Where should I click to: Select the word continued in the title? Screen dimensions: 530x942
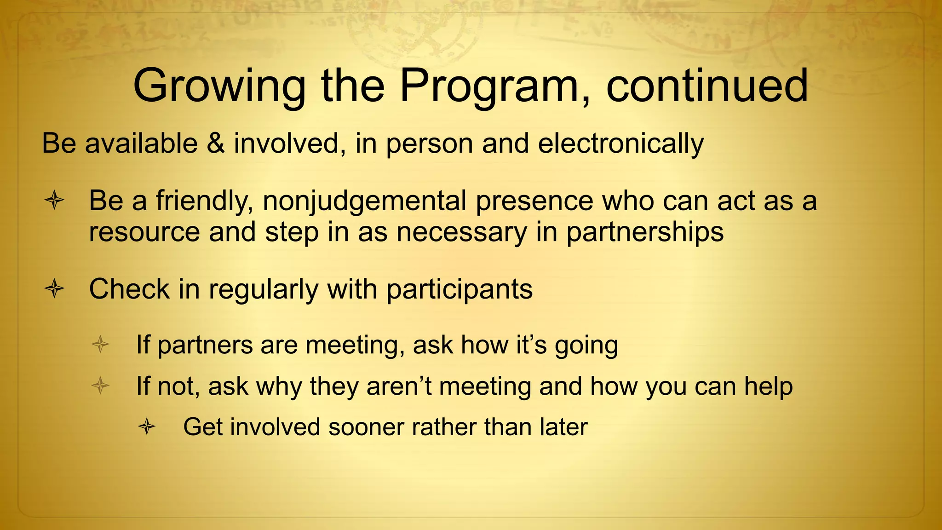click(707, 86)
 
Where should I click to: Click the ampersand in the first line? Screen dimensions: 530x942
click(216, 143)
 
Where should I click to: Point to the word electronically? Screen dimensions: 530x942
click(620, 144)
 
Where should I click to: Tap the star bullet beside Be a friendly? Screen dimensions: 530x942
click(54, 201)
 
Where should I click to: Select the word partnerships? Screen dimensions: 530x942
click(645, 232)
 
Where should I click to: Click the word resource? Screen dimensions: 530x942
click(144, 232)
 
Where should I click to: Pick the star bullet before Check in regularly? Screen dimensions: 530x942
click(54, 289)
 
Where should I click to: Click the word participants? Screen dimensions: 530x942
click(459, 290)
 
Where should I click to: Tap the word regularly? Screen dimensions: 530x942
click(263, 290)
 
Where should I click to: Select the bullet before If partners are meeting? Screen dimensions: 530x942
click(100, 344)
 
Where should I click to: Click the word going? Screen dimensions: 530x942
click(586, 346)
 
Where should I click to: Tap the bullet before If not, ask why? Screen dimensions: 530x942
click(100, 385)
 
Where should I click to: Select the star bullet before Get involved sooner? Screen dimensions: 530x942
click(147, 426)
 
